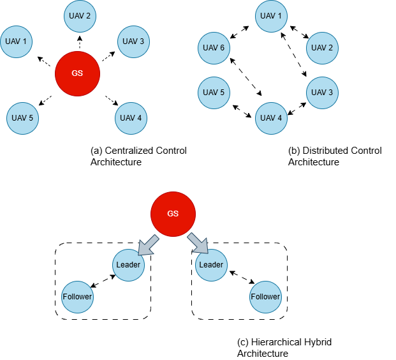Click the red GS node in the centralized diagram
point(77,73)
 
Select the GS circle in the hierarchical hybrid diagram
point(173,213)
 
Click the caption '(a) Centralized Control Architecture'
point(138,156)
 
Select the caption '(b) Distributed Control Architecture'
point(335,156)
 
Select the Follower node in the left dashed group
point(77,297)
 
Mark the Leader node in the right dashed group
point(211,265)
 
